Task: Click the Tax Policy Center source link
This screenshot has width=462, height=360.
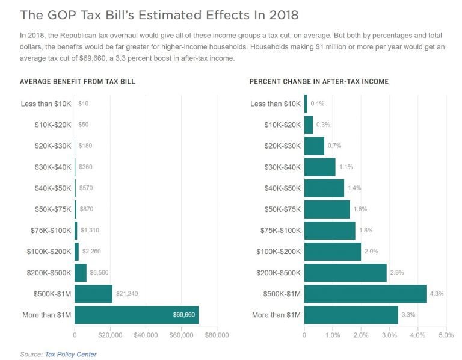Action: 70,354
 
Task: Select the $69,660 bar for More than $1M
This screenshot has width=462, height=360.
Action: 137,315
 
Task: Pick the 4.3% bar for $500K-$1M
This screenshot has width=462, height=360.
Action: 365,294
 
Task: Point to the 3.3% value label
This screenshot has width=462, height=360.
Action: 408,315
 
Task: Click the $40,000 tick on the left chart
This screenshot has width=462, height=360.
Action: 146,335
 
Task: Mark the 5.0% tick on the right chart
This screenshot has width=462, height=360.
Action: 446,335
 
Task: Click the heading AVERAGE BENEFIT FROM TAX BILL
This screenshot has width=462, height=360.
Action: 77,81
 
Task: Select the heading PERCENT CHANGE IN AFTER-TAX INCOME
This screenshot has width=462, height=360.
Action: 319,81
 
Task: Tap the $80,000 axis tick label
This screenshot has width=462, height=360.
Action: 217,335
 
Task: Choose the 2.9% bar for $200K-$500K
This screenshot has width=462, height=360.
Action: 345,273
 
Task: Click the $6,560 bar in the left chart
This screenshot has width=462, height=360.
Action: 81,273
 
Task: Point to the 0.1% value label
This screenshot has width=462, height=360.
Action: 317,104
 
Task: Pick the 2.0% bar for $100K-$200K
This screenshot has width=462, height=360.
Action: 333,252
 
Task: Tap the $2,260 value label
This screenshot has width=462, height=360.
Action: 91,252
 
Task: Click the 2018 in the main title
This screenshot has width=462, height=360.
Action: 280,14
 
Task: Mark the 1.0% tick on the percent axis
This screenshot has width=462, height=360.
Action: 333,335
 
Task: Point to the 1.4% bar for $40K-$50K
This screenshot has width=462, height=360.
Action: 324,188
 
